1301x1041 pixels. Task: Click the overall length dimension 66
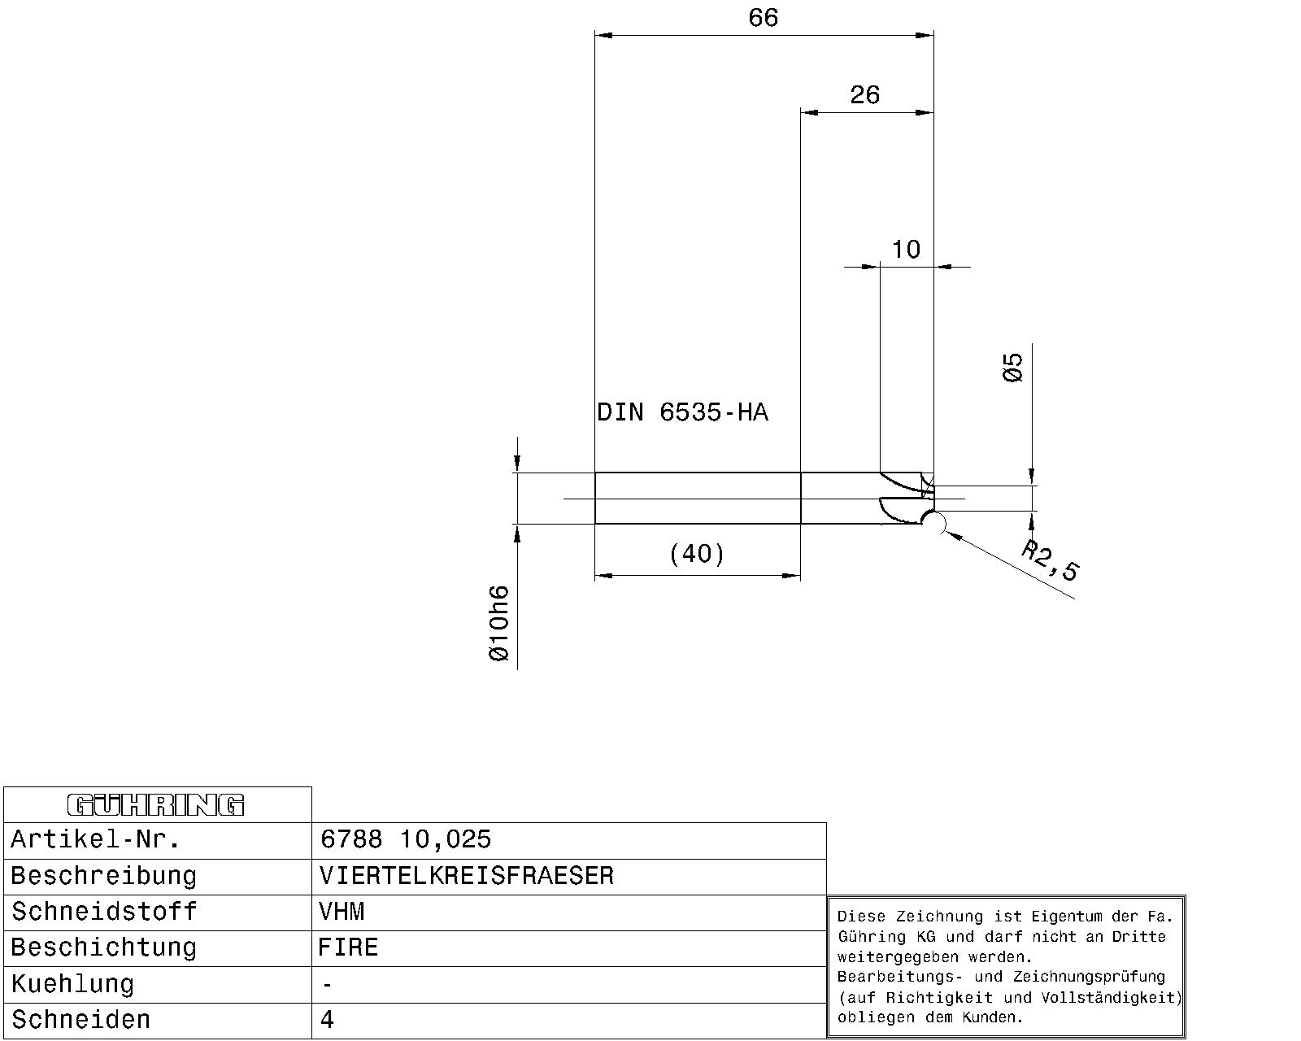[x=763, y=18]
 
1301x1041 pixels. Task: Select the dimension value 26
[x=864, y=95]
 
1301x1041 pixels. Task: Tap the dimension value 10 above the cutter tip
[x=906, y=249]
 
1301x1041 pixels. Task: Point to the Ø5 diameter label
[x=1012, y=367]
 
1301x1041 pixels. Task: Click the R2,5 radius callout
[x=1050, y=560]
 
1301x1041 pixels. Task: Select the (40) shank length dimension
[x=697, y=554]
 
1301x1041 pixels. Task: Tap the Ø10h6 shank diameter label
[x=499, y=623]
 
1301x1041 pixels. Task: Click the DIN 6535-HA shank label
[x=682, y=412]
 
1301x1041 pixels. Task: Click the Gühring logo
[x=155, y=805]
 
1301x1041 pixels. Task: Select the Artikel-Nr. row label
[x=95, y=839]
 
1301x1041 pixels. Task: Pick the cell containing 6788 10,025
[x=569, y=840]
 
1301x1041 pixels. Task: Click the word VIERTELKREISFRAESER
[x=467, y=876]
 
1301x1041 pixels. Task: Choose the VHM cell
[x=569, y=913]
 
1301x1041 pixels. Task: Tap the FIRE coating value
[x=348, y=947]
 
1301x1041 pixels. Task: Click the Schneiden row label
[x=81, y=1020]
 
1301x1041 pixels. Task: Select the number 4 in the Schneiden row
[x=327, y=1020]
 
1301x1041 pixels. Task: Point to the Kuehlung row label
[x=72, y=984]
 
